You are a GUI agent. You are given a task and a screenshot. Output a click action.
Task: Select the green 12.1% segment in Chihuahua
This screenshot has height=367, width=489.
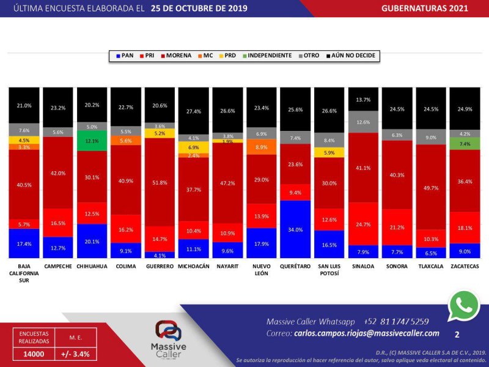click(x=92, y=141)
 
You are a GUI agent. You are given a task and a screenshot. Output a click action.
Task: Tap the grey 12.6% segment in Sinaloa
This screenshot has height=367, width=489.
click(x=363, y=122)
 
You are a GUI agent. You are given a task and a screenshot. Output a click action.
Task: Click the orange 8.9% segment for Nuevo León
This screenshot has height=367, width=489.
click(x=262, y=147)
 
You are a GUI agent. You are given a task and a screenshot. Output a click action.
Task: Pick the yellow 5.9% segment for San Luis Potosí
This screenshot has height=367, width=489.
click(x=329, y=153)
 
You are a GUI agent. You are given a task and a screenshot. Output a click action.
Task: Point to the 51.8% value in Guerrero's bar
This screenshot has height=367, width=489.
click(x=160, y=182)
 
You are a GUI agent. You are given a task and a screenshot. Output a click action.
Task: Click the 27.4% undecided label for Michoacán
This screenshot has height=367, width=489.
click(x=194, y=112)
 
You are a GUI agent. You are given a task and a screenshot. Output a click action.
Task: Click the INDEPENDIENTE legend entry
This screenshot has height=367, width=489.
click(x=270, y=56)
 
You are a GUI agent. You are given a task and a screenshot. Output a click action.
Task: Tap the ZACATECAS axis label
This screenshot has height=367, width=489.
click(x=465, y=267)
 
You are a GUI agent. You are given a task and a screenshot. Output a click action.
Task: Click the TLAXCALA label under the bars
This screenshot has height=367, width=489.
click(x=430, y=267)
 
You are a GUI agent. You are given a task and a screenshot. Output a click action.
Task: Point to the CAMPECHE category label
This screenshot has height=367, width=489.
click(x=57, y=267)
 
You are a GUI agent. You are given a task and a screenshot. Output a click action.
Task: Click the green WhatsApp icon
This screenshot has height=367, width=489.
click(x=464, y=305)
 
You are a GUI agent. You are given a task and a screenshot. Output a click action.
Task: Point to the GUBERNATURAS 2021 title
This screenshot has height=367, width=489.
click(x=433, y=8)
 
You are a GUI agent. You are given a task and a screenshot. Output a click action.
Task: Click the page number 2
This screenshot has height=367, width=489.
click(x=457, y=335)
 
